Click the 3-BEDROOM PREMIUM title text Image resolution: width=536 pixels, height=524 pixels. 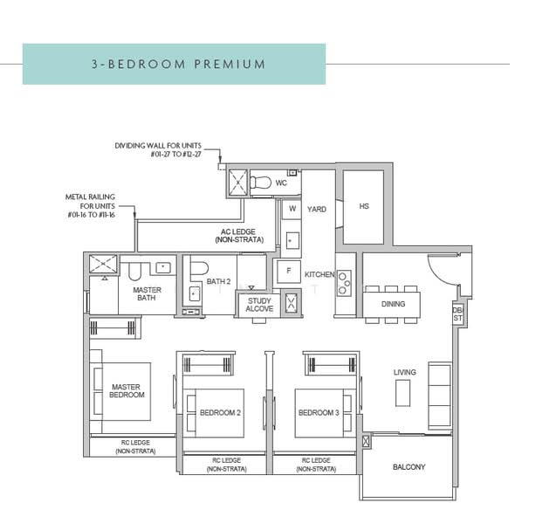[x=178, y=65]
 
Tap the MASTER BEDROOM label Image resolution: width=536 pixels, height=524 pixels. [x=126, y=390]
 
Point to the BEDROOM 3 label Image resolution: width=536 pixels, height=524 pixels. [x=318, y=412]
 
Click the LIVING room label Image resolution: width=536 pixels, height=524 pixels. [x=405, y=372]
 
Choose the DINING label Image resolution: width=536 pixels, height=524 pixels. [x=393, y=305]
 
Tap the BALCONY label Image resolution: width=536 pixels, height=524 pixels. [x=409, y=467]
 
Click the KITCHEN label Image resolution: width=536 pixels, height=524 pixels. [x=320, y=275]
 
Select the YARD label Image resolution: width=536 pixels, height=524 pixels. [x=316, y=210]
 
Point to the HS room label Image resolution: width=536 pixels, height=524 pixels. [x=363, y=207]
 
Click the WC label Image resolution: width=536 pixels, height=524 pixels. [x=281, y=184]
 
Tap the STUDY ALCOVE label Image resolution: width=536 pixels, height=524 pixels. [x=259, y=305]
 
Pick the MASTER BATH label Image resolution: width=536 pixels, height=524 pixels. [x=147, y=294]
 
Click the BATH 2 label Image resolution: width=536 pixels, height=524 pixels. [x=217, y=281]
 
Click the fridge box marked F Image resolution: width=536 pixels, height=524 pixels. [x=286, y=272]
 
